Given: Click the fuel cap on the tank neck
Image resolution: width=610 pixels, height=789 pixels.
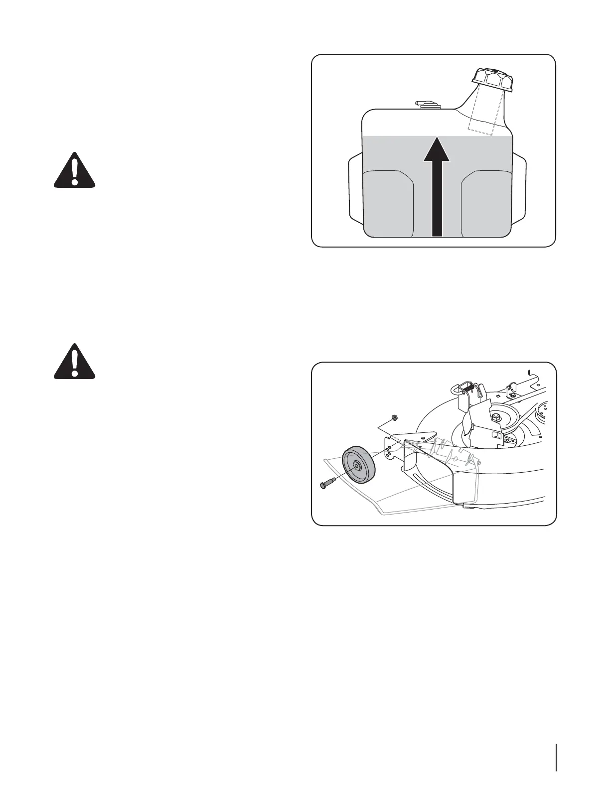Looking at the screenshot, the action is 491,79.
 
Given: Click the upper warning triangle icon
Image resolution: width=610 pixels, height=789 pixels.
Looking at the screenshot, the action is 74,171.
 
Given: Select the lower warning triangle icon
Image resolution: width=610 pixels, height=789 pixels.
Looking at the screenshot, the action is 74,362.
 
